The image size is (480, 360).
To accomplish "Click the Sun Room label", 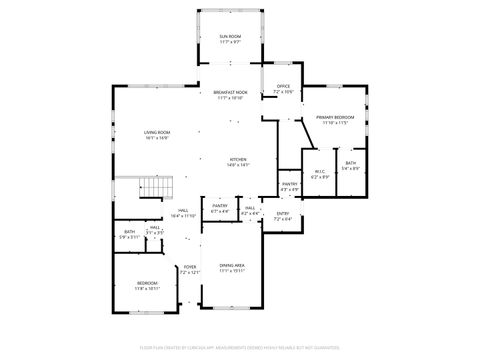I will [x=230, y=39].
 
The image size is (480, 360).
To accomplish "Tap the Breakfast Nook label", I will [x=230, y=95].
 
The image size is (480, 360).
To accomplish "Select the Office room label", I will [x=283, y=89].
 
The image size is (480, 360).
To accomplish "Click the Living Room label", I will [x=156, y=135].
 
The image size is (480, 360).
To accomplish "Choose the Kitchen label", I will [x=238, y=162].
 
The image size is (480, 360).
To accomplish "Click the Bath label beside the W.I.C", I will [x=350, y=166].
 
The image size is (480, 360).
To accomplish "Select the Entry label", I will [x=283, y=215].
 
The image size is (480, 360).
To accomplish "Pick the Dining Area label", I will [x=232, y=268].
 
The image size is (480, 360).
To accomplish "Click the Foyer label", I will [x=189, y=270].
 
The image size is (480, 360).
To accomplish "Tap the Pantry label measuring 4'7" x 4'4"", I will [x=220, y=209].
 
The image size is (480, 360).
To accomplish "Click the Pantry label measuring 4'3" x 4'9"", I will [x=289, y=186].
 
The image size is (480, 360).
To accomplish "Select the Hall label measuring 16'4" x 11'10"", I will [x=183, y=213].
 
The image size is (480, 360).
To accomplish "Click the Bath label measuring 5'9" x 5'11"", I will [x=129, y=235].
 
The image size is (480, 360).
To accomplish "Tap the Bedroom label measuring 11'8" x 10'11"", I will [x=147, y=285].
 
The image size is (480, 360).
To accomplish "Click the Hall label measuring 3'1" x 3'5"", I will [x=155, y=230].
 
